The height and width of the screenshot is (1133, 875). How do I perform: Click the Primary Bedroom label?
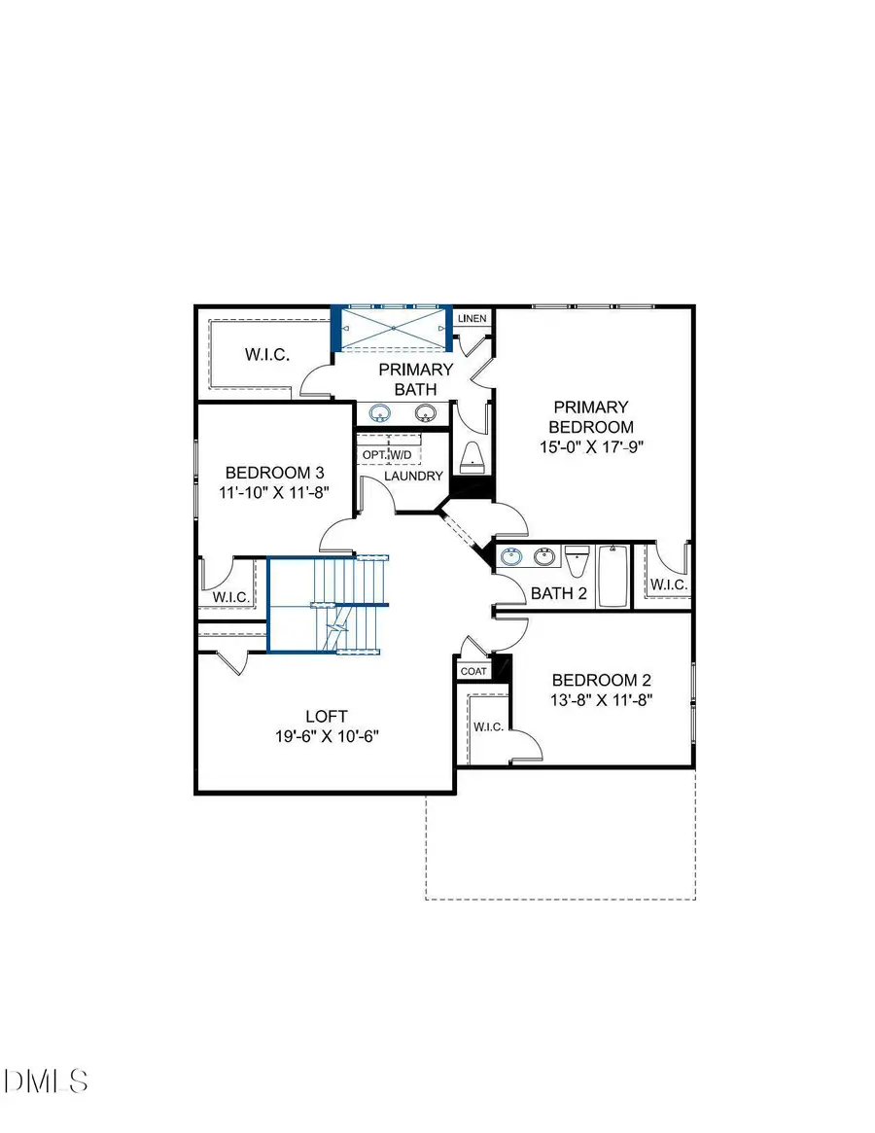pyautogui.click(x=590, y=416)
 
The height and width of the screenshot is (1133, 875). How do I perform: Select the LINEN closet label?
pyautogui.click(x=472, y=319)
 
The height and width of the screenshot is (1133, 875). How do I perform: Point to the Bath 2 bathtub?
pyautogui.click(x=612, y=577)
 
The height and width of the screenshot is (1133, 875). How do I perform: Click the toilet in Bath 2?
pyautogui.click(x=577, y=564)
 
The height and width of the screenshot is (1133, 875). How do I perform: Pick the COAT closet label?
pyautogui.click(x=472, y=671)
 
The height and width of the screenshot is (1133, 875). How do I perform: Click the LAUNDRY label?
pyautogui.click(x=413, y=477)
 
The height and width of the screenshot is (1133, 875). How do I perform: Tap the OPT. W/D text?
pyautogui.click(x=387, y=455)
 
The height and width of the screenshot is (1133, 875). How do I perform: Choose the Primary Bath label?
pyautogui.click(x=416, y=379)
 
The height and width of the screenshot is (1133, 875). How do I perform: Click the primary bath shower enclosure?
pyautogui.click(x=392, y=329)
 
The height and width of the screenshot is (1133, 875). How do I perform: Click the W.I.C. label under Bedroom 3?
pyautogui.click(x=230, y=596)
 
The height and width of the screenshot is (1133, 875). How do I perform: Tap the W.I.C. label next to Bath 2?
pyautogui.click(x=669, y=584)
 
